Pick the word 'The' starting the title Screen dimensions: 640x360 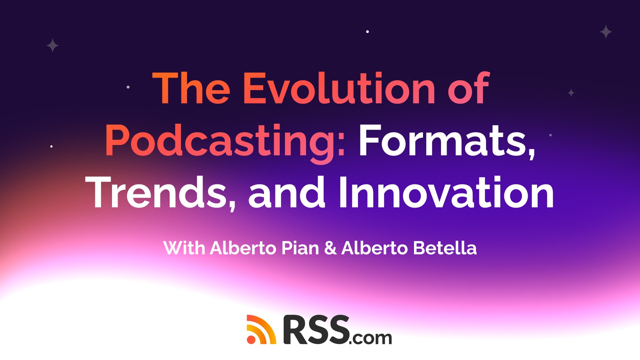pyautogui.click(x=191, y=88)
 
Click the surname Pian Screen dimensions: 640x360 pyautogui.click(x=300, y=248)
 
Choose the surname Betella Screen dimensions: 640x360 pyautogui.click(x=445, y=248)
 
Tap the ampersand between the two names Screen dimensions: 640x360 pyautogui.click(x=330, y=248)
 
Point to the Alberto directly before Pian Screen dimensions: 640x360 pyautogui.click(x=243, y=248)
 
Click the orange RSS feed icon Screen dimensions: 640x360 pyautogui.click(x=261, y=329)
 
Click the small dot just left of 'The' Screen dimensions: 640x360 pyautogui.click(x=128, y=87)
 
